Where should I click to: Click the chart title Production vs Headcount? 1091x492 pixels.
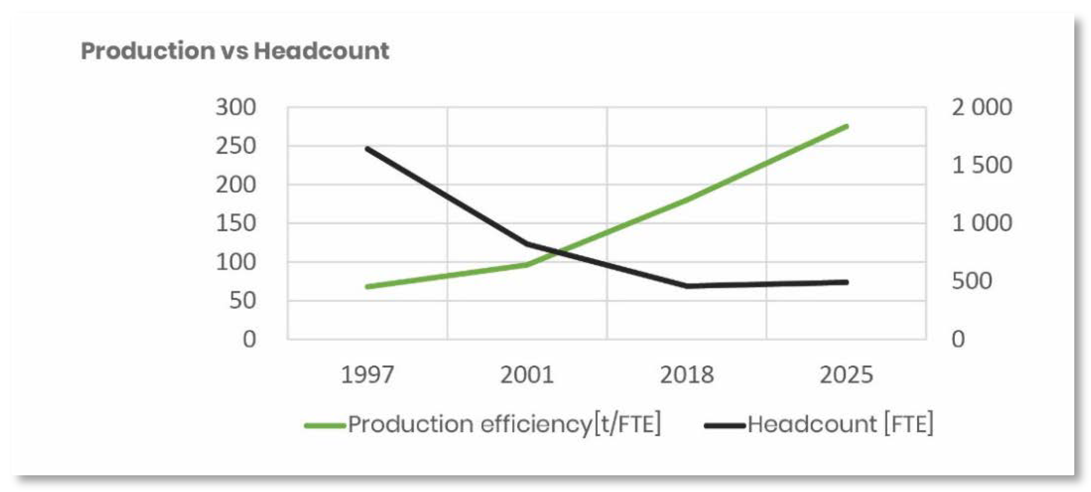click(235, 51)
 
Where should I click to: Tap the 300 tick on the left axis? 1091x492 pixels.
click(235, 107)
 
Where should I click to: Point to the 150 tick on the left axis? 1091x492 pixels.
click(235, 223)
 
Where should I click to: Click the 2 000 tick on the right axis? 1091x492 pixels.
click(982, 107)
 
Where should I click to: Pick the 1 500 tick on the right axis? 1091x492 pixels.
click(982, 165)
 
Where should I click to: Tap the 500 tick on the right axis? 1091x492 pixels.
click(972, 281)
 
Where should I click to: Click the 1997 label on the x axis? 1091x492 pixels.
click(367, 375)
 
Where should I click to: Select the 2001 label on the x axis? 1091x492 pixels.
click(527, 375)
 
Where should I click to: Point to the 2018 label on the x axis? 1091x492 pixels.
click(687, 375)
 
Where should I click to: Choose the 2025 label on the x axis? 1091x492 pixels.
click(846, 375)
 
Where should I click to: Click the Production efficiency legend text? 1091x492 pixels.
click(504, 424)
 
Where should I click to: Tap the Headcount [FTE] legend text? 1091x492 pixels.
click(840, 424)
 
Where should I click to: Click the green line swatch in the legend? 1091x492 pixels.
click(325, 425)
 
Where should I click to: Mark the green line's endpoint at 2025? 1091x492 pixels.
click(846, 126)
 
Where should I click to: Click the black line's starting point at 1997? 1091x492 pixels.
click(367, 149)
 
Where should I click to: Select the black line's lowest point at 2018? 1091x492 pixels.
click(687, 286)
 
